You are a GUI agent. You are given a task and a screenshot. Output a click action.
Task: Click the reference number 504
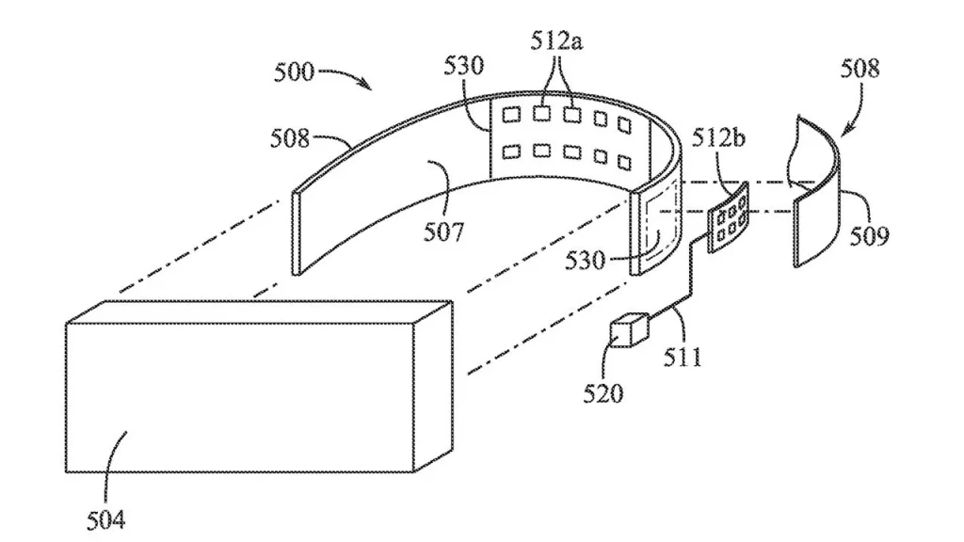(x=104, y=517)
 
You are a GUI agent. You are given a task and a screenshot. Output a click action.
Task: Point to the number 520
(x=603, y=391)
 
